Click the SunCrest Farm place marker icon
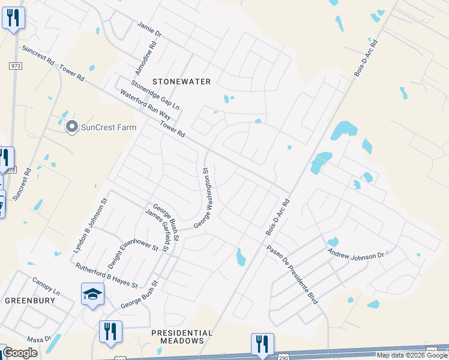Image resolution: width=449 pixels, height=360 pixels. pyautogui.click(x=72, y=127)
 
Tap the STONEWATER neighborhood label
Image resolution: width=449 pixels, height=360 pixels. pyautogui.click(x=181, y=81)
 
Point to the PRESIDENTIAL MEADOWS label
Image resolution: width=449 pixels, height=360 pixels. pyautogui.click(x=182, y=337)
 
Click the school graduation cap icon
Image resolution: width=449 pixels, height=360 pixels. pyautogui.click(x=92, y=294)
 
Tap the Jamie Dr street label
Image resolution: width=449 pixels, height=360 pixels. pyautogui.click(x=149, y=31)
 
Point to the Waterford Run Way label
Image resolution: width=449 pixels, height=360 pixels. pyautogui.click(x=145, y=104)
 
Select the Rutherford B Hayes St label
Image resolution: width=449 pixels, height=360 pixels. pyautogui.click(x=106, y=275)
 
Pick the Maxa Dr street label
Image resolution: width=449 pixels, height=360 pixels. pyautogui.click(x=40, y=340)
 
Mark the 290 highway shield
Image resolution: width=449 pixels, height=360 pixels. pyautogui.click(x=432, y=351)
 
